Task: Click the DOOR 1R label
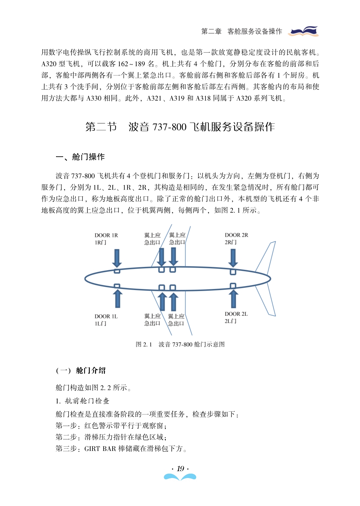click(x=106, y=235)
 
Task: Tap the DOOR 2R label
click(x=236, y=235)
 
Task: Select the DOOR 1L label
click(x=106, y=316)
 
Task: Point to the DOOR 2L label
click(x=236, y=314)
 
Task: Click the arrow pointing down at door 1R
click(x=117, y=258)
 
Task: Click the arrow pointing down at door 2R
click(x=233, y=258)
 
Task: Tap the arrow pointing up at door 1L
click(x=117, y=298)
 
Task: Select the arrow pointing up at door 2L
click(x=233, y=298)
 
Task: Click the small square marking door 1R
click(x=117, y=271)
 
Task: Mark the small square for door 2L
click(x=233, y=286)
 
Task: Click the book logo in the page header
click(x=304, y=31)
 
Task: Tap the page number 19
click(x=180, y=469)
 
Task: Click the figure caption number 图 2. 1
click(x=144, y=344)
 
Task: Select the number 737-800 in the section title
click(x=169, y=127)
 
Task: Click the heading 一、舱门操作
click(x=80, y=157)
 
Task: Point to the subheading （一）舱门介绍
click(x=81, y=371)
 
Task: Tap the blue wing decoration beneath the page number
click(x=180, y=477)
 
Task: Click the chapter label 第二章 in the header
click(x=211, y=31)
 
